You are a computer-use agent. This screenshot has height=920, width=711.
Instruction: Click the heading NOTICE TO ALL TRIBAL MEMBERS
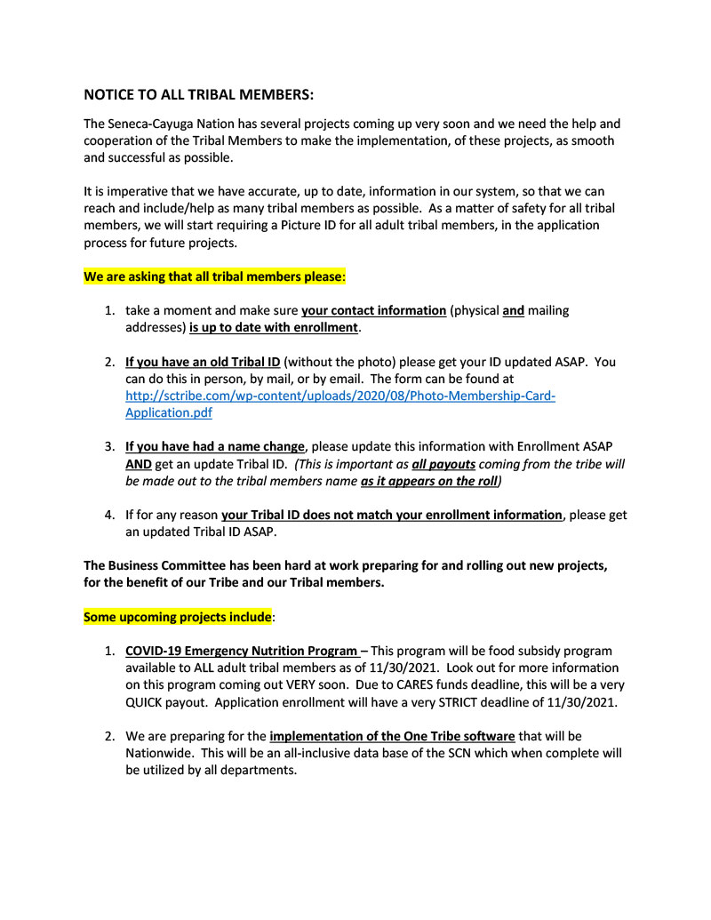pos(198,94)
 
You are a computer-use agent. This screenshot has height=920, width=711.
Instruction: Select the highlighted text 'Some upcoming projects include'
pos(177,617)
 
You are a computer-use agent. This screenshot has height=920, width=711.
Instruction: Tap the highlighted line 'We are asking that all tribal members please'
pos(212,276)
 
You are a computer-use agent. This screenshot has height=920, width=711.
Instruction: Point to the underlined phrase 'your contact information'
pos(373,311)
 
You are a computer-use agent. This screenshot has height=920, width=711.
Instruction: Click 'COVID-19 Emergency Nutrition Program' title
pos(242,652)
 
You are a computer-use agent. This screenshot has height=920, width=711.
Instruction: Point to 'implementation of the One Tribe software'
pos(392,736)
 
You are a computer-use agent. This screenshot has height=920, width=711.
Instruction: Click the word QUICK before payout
pos(148,702)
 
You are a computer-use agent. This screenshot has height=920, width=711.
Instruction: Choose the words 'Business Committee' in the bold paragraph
pos(168,565)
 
